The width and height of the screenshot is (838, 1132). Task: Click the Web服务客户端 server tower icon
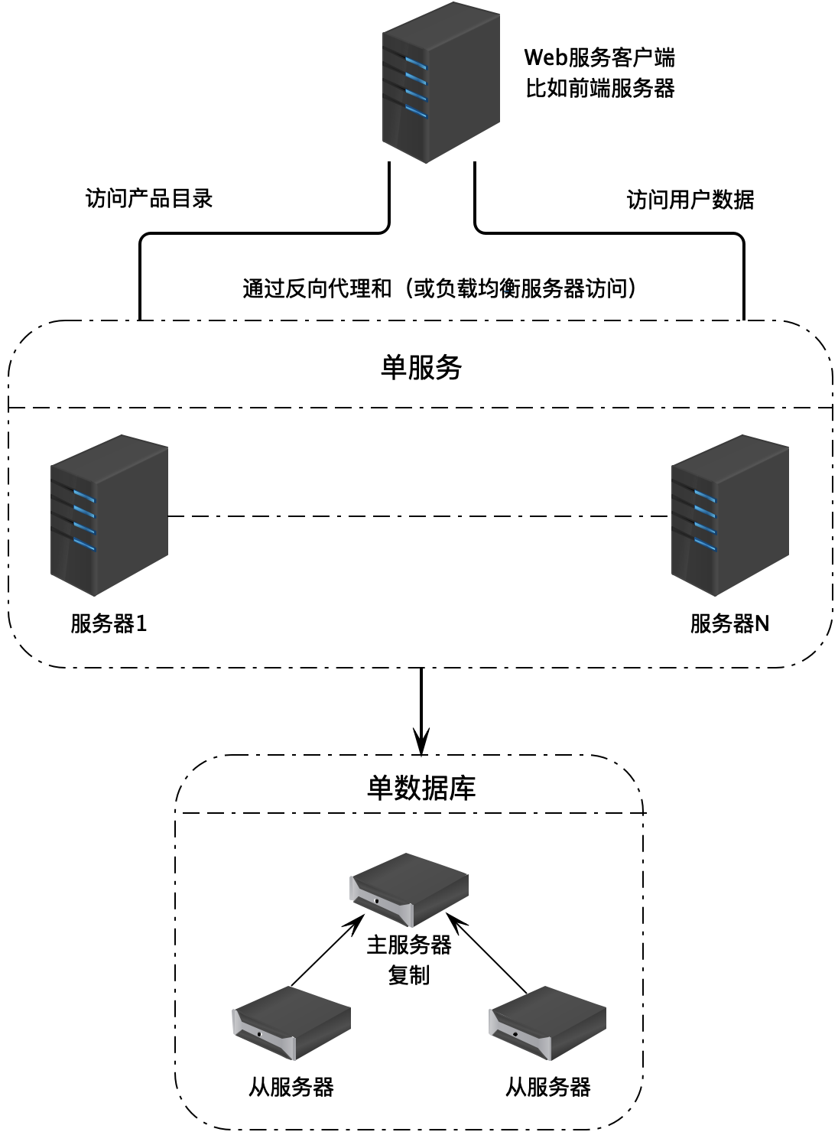point(441,83)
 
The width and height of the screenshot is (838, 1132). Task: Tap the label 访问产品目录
point(149,199)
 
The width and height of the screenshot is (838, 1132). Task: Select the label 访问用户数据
point(690,200)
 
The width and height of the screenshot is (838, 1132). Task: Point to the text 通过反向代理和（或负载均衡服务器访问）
point(440,288)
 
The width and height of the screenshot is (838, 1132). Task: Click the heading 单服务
point(421,368)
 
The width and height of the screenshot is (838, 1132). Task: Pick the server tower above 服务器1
point(109,516)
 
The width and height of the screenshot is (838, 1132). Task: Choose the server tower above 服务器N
point(729,516)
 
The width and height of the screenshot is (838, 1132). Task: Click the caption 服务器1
point(109,623)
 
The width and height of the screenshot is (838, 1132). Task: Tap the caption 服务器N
point(729,623)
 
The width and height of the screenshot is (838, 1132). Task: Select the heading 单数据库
point(421,787)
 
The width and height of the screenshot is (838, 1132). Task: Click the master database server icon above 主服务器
point(409,890)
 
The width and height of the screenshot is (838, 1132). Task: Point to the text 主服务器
point(409,945)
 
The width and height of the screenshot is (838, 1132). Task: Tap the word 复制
point(409,975)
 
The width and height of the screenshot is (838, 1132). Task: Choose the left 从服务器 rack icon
point(291,1023)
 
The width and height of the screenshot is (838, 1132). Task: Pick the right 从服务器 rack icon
point(547,1023)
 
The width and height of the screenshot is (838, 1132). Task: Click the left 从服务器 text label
point(291,1087)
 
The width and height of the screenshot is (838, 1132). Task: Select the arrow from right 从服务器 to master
point(489,956)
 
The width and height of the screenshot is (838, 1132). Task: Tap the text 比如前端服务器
point(600,88)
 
